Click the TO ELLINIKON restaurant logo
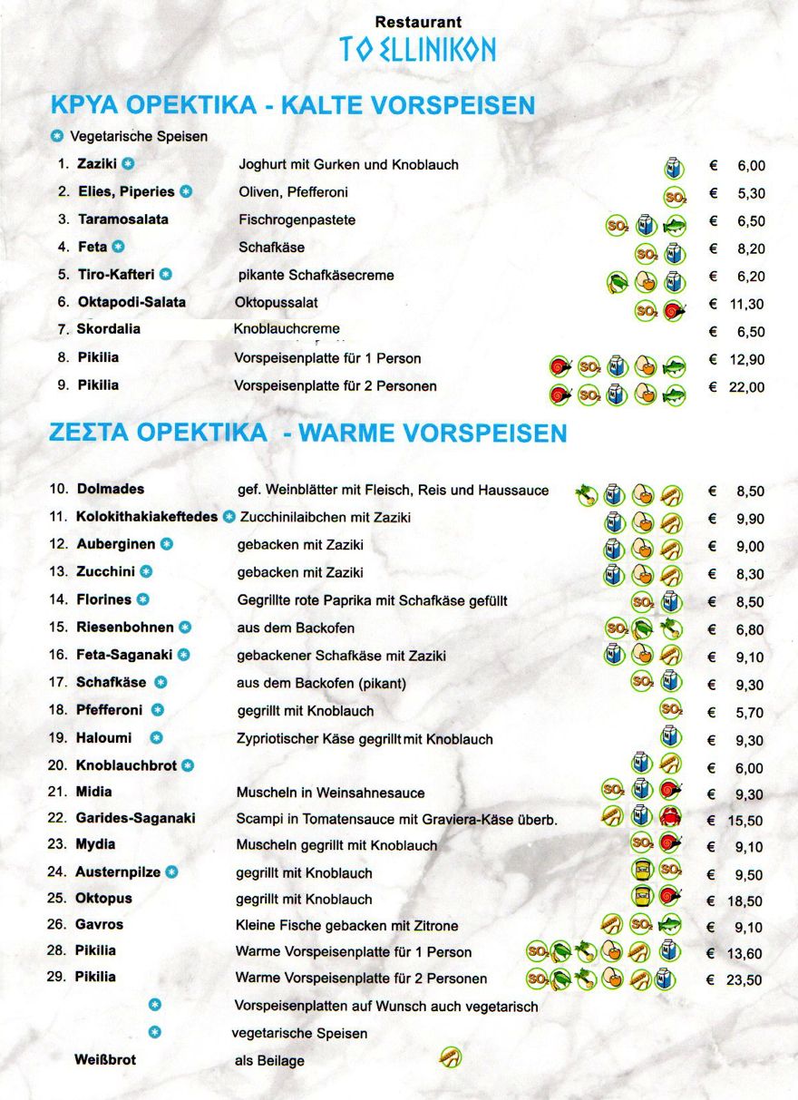pos(418,49)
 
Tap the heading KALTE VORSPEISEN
pos(409,105)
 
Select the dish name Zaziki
pos(98,164)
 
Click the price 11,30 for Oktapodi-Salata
pos(746,305)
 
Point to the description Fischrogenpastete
pos(297,220)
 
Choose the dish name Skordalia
pos(109,329)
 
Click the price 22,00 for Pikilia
pos(746,387)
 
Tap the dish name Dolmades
pos(111,489)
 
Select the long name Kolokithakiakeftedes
pos(148,517)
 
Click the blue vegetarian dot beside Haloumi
pos(156,738)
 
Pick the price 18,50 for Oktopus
pos(744,901)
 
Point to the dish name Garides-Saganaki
pos(135,818)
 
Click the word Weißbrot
pos(105,1059)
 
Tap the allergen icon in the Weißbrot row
pos(450,1057)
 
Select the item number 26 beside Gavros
pos(57,924)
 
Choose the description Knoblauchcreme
pos(287,328)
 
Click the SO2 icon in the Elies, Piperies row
pos(675,196)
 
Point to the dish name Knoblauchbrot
pos(126,765)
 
